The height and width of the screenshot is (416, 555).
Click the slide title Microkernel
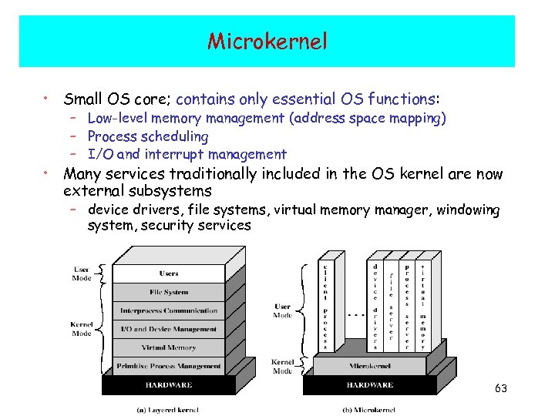[x=267, y=41]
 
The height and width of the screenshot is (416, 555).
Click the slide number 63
[x=501, y=388]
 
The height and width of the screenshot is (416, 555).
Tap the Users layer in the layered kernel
[x=169, y=273]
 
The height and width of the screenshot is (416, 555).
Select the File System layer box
[x=169, y=292]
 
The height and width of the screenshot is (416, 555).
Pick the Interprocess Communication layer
[x=169, y=310]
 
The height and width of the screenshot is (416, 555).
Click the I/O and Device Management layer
[x=169, y=329]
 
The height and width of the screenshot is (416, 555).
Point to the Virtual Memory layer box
[x=169, y=347]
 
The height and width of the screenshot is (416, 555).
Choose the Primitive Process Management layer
[x=169, y=366]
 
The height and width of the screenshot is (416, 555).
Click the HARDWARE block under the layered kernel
[x=169, y=384]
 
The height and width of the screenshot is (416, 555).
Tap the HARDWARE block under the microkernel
[x=369, y=384]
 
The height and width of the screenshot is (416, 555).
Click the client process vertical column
[x=328, y=304]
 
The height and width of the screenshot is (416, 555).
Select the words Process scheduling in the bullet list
[x=148, y=136]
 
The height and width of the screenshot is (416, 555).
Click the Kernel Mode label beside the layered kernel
[x=82, y=329]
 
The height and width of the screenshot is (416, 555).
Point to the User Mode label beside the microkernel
[x=283, y=310]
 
